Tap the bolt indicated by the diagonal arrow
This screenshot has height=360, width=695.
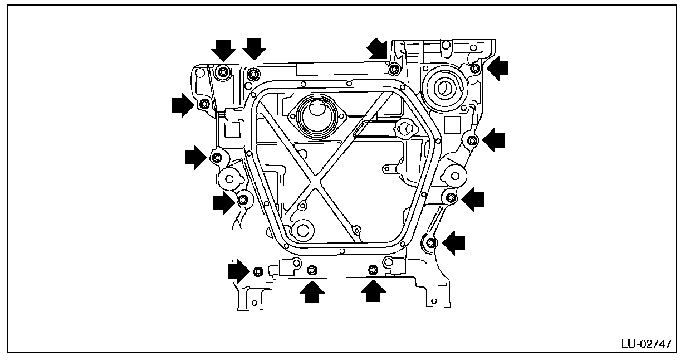click(394, 69)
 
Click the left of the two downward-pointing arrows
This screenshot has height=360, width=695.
click(223, 50)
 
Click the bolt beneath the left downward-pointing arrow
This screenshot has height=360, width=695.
click(223, 71)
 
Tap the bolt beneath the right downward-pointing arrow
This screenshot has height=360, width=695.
click(253, 73)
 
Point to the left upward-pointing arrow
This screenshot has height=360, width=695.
click(312, 291)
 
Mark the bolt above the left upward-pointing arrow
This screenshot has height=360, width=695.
click(312, 270)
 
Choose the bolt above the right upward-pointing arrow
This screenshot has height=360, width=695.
click(373, 270)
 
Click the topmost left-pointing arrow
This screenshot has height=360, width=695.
click(497, 67)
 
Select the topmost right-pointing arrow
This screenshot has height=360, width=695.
click(183, 105)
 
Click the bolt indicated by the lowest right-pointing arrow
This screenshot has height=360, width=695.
click(257, 271)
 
